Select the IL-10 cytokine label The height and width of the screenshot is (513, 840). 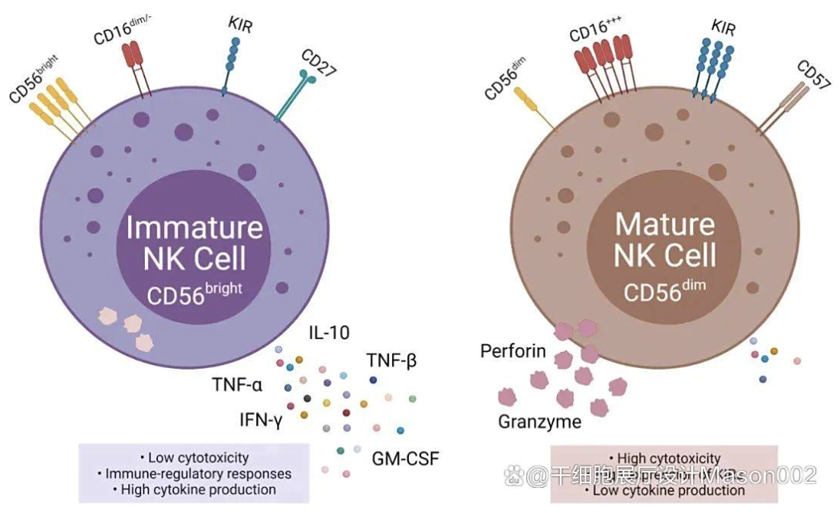(330, 333)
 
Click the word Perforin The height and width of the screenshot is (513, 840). (513, 352)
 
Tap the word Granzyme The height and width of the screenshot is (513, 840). (539, 421)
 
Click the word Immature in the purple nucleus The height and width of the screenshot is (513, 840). (194, 228)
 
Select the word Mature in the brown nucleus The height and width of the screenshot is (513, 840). (664, 224)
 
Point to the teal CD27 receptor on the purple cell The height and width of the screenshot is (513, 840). (295, 95)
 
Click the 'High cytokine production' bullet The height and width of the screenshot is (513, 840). (193, 489)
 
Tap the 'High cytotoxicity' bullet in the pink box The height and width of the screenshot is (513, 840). (664, 459)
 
